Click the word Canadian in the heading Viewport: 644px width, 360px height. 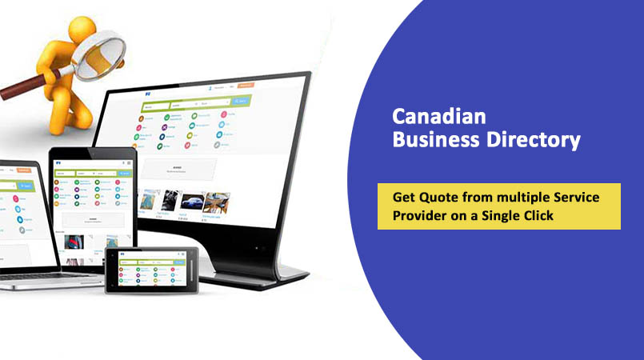438,117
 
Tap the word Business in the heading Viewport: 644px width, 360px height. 430,140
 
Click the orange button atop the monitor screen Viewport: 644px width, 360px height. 246,85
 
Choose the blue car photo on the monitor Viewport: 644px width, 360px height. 191,201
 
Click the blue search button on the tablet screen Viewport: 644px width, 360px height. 125,173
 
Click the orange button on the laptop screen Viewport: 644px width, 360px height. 24,170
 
